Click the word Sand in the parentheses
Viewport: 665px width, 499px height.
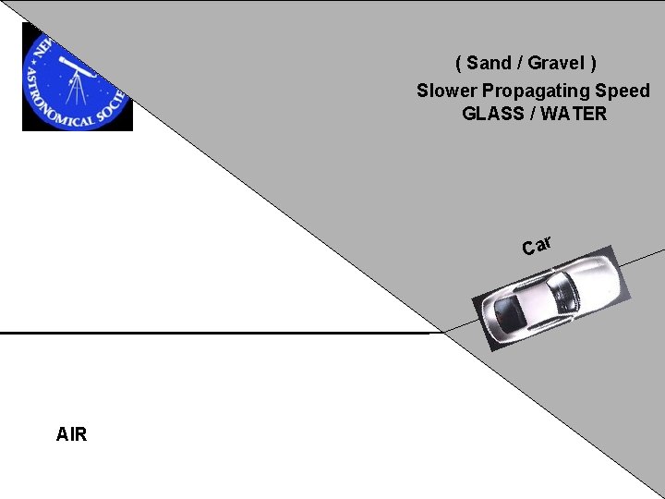click(x=488, y=63)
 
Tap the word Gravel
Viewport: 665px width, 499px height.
click(x=555, y=63)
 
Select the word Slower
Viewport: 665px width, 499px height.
click(x=443, y=91)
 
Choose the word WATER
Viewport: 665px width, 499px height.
click(x=575, y=114)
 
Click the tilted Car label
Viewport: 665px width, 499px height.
click(x=537, y=245)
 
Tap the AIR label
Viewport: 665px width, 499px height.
click(x=71, y=434)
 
